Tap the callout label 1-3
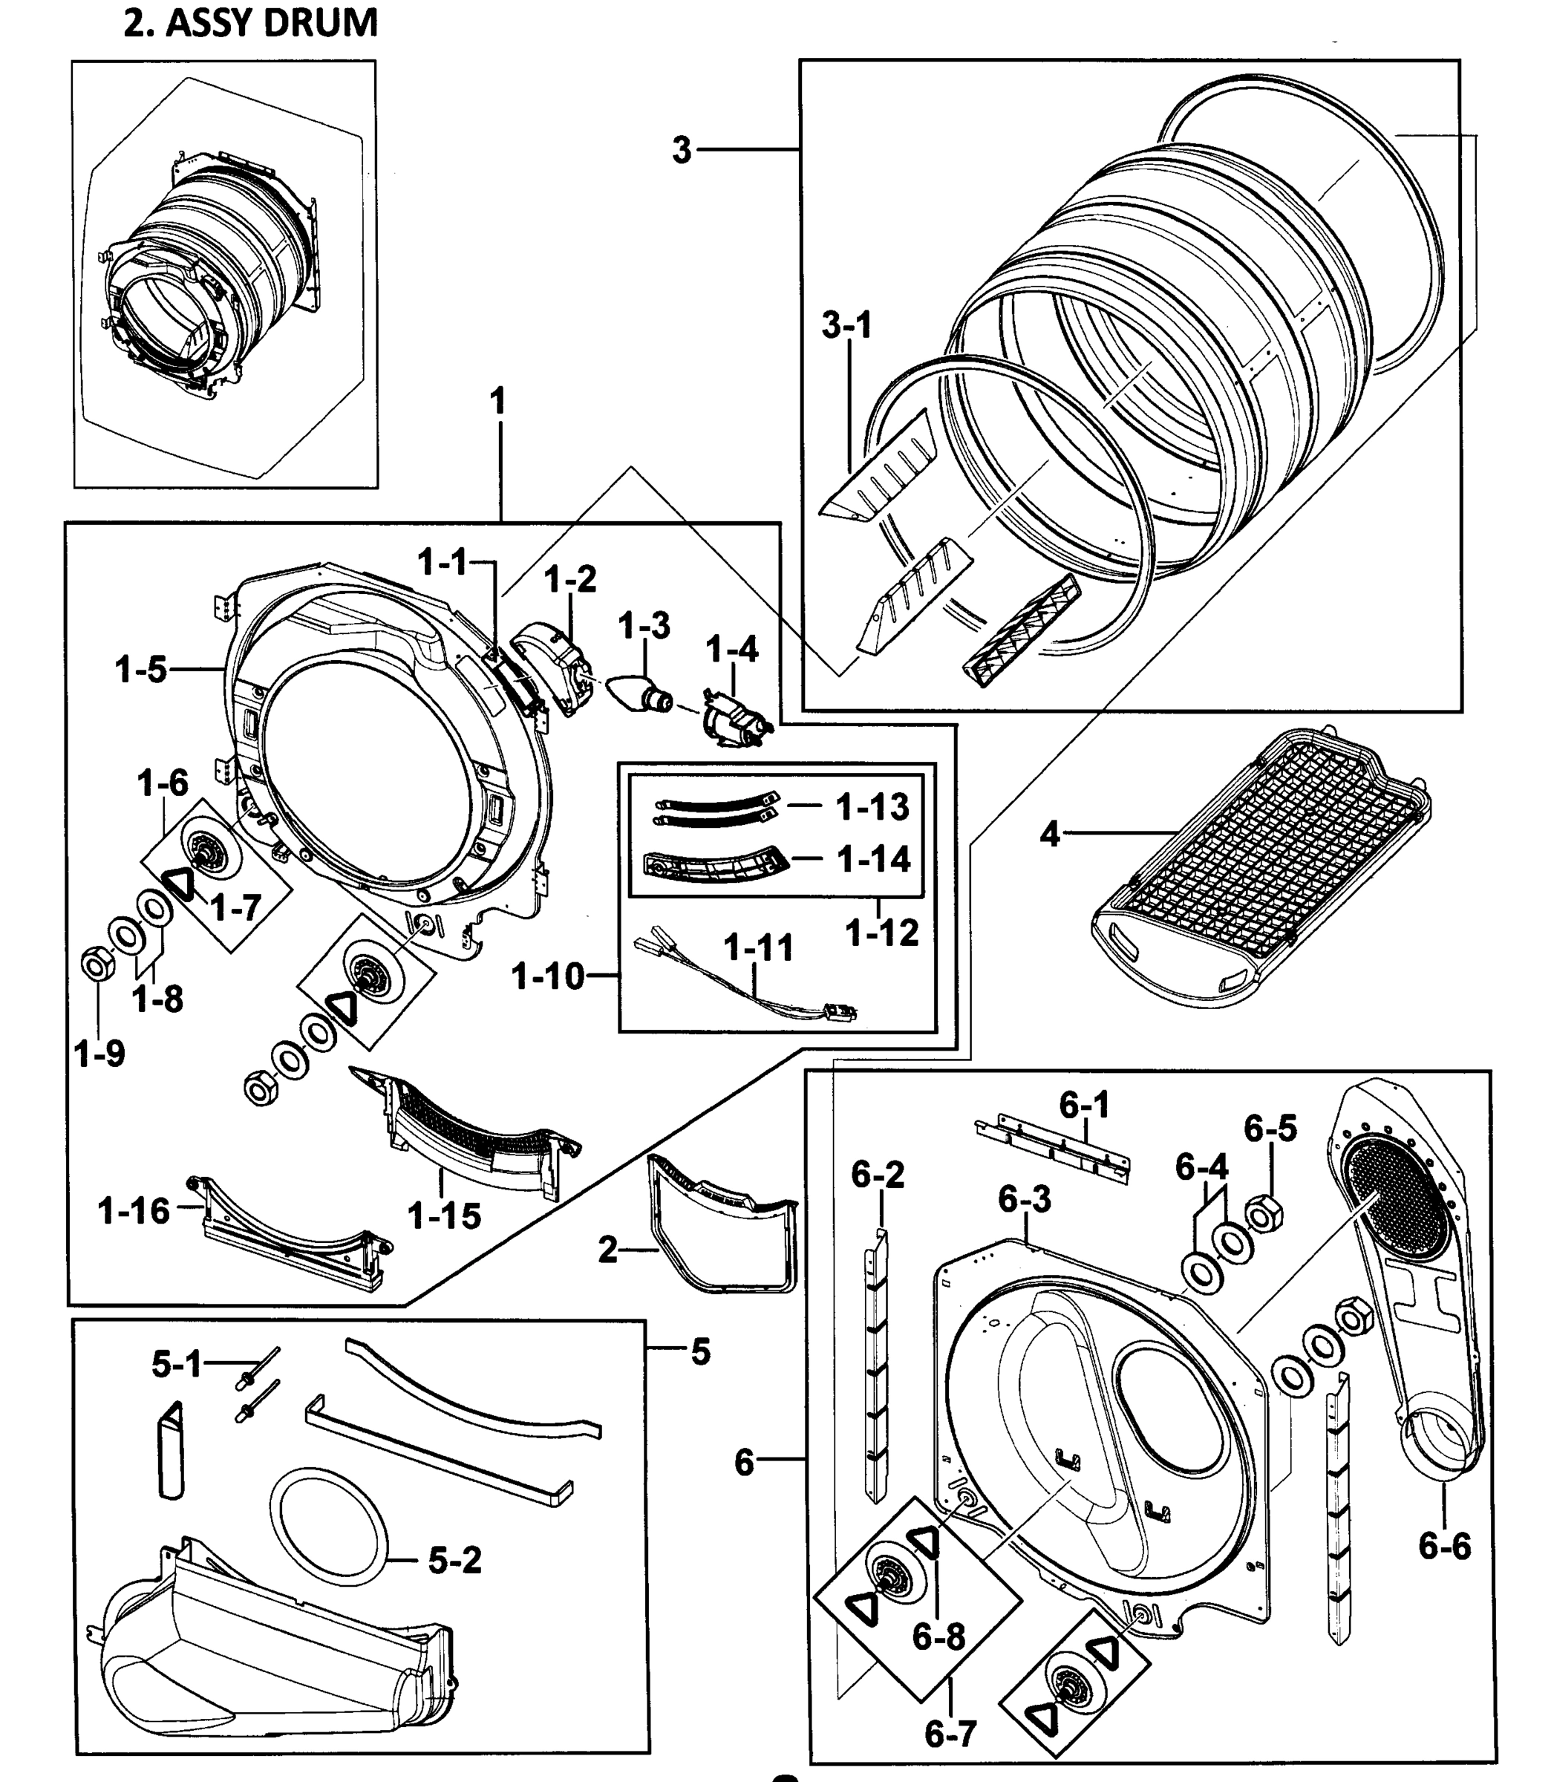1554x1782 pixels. (644, 625)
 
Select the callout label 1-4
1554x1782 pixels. (732, 649)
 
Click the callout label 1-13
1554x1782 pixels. (872, 806)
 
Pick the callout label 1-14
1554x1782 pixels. (873, 858)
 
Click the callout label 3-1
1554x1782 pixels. (846, 326)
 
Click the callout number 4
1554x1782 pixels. (1049, 835)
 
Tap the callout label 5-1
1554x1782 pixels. (176, 1365)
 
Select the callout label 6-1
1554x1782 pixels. (1084, 1105)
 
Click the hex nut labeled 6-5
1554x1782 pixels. (1264, 1213)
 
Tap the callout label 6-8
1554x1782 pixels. (938, 1636)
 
